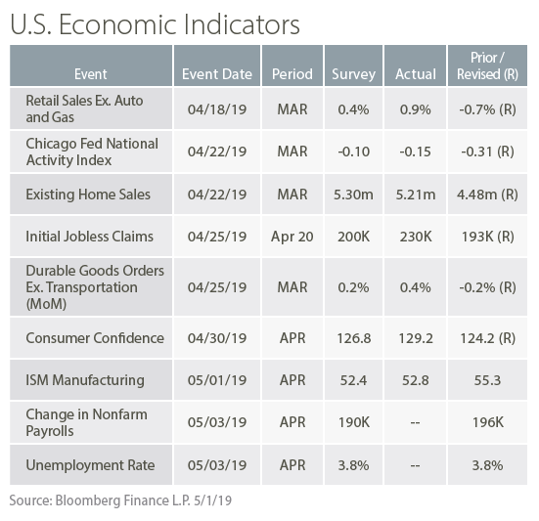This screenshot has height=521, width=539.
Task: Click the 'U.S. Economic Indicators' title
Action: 155,24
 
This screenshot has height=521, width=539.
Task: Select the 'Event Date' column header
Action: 217,74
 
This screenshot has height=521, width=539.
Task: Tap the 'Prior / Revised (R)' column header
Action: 487,65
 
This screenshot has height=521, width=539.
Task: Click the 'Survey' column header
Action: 353,74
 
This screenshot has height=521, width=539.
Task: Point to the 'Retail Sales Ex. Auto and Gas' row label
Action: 84,109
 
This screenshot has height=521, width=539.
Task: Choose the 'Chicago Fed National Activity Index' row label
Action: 92,152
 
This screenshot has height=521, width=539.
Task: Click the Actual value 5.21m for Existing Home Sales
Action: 415,195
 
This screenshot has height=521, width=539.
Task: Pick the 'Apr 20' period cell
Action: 292,237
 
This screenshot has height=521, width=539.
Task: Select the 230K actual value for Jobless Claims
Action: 415,237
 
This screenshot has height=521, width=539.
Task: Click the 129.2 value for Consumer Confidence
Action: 415,338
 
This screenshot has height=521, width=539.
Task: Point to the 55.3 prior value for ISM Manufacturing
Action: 487,380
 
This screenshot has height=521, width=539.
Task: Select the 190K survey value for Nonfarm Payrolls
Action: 353,422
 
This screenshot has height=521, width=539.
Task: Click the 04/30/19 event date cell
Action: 217,338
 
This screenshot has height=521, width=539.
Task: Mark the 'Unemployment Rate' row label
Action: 90,465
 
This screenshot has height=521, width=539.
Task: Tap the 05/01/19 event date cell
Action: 217,380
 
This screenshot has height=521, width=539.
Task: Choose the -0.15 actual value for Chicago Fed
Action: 415,152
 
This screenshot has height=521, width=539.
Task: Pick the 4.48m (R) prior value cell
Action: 487,195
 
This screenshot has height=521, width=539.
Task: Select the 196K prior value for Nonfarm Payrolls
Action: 487,422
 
